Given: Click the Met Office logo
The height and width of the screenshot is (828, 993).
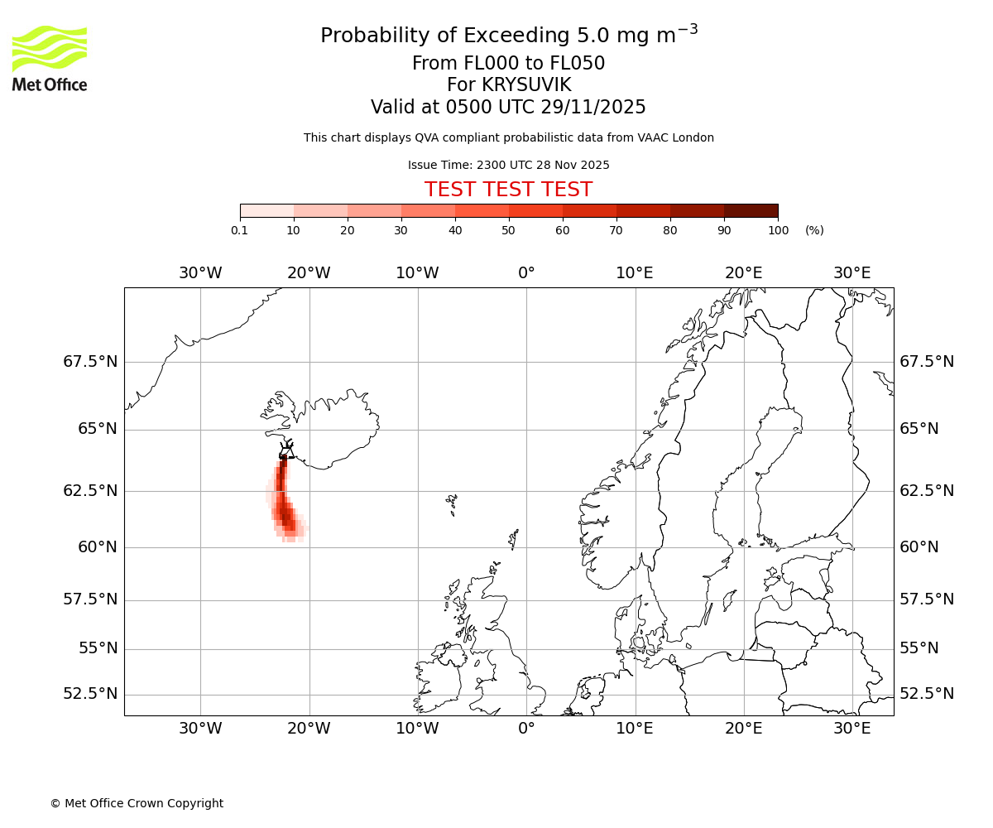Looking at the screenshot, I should [x=50, y=58].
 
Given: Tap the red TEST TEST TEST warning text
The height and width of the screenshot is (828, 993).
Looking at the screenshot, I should [x=508, y=190].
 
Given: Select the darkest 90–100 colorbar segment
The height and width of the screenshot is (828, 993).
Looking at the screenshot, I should [x=751, y=210].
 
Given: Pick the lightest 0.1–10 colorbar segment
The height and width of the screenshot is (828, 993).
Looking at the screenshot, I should [x=267, y=210].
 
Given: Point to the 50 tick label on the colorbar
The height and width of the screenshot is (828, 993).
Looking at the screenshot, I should [x=509, y=230].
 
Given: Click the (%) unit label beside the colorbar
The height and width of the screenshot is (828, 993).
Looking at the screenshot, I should [x=814, y=230].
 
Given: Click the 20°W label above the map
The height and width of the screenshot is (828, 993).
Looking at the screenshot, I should [x=309, y=273].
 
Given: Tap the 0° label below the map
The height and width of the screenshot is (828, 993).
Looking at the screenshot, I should [x=526, y=729].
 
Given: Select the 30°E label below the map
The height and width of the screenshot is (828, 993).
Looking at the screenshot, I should [x=851, y=729].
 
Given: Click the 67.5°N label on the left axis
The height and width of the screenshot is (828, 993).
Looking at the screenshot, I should [x=90, y=362].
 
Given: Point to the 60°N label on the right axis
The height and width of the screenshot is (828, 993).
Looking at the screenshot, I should [x=919, y=546].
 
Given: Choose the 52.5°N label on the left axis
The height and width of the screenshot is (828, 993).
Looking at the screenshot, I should [x=90, y=694].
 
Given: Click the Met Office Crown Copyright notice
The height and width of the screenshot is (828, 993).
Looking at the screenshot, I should [x=137, y=803].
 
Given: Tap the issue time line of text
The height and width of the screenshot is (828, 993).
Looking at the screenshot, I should [x=508, y=166].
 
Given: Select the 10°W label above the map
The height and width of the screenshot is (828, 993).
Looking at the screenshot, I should [x=417, y=273].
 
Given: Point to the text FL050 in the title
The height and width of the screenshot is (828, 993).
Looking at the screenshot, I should [x=578, y=64].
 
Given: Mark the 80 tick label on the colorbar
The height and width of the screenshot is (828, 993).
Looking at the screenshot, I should [x=670, y=230].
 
